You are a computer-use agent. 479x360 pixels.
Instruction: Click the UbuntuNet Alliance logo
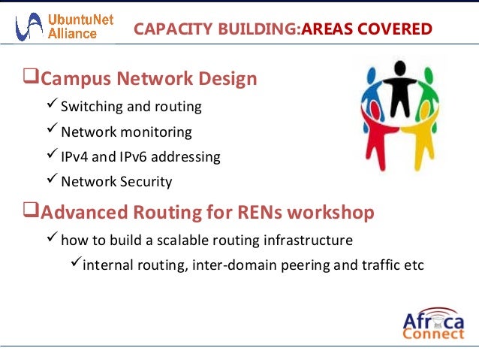pyautogui.click(x=65, y=28)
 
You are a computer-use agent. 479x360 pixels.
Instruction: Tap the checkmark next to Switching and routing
pyautogui.click(x=51, y=105)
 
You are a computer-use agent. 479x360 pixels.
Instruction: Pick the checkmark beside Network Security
pyautogui.click(x=51, y=180)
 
